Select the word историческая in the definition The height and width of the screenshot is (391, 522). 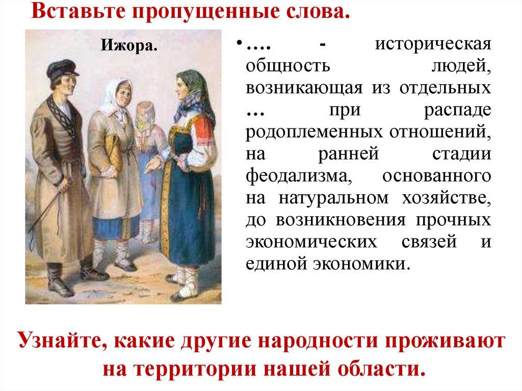pyautogui.click(x=434, y=45)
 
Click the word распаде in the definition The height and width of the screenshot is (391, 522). pyautogui.click(x=460, y=111)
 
